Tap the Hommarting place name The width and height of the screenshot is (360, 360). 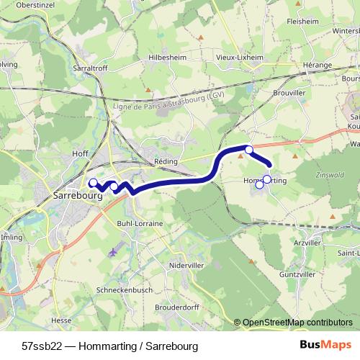(x=266, y=181)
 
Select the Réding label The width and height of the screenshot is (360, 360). (x=166, y=162)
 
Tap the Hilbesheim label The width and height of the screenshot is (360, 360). (x=166, y=55)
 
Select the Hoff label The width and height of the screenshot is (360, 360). (x=81, y=153)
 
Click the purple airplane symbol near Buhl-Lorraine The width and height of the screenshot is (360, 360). (x=114, y=252)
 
